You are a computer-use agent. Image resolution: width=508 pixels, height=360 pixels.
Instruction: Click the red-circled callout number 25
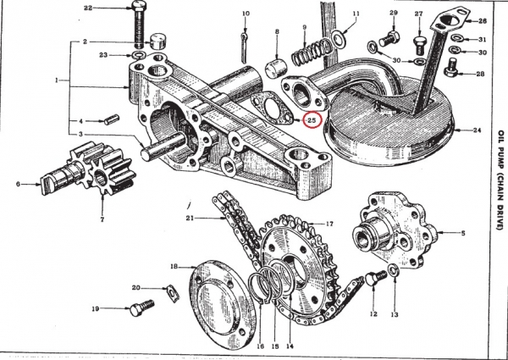click(x=312, y=120)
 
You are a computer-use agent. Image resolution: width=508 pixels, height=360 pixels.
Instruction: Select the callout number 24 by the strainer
click(x=478, y=130)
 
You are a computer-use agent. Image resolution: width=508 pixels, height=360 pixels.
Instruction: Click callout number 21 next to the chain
click(x=190, y=219)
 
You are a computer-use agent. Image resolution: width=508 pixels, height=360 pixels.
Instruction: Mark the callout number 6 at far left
click(x=16, y=183)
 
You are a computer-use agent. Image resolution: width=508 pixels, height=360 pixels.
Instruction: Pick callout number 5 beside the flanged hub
click(x=463, y=232)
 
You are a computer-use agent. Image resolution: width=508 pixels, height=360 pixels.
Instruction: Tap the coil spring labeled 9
click(x=311, y=52)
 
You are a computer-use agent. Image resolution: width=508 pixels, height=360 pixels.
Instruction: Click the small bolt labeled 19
click(x=141, y=308)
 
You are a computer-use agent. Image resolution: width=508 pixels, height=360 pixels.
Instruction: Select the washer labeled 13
click(x=394, y=272)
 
